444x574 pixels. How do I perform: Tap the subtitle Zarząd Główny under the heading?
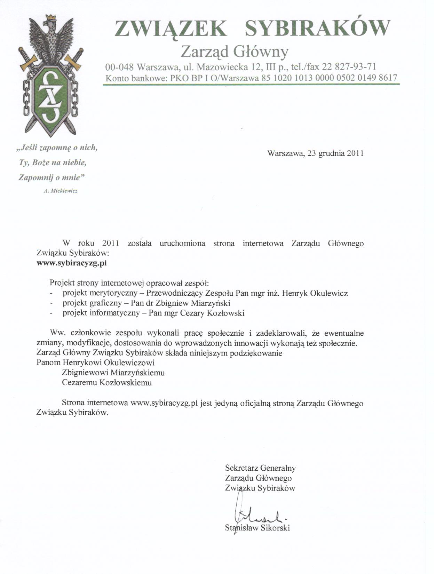point(235,52)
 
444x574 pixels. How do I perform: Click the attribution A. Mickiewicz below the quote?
point(61,191)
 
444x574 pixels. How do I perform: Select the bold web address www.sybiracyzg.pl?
point(72,263)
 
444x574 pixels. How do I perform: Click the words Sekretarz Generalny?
point(260,468)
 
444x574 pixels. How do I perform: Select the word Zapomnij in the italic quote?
point(33,177)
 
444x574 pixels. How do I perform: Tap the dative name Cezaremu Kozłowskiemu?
point(107,383)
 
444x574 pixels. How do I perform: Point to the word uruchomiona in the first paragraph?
point(182,243)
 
